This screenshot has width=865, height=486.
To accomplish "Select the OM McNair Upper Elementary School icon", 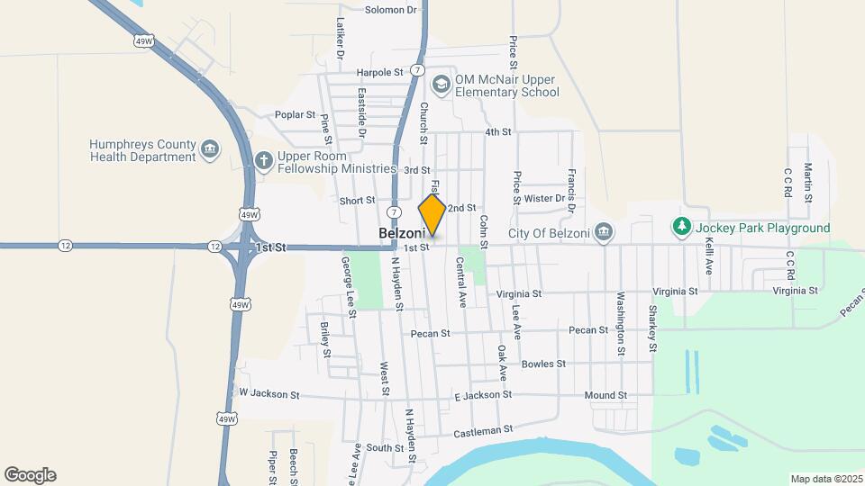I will pyautogui.click(x=441, y=85).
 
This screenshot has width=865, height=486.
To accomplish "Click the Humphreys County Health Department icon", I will pyautogui.click(x=210, y=149).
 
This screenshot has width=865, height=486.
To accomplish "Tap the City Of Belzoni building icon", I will pyautogui.click(x=605, y=233).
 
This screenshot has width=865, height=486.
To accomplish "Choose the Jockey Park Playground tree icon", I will pyautogui.click(x=683, y=228).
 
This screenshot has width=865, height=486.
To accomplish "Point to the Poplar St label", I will pyautogui.click(x=296, y=115).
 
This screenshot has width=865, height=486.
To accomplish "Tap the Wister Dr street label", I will pyautogui.click(x=543, y=198).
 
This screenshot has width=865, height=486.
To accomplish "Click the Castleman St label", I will pyautogui.click(x=482, y=430).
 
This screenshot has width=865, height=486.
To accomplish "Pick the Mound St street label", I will pyautogui.click(x=605, y=395).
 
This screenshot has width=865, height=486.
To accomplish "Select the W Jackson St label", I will pyautogui.click(x=269, y=393).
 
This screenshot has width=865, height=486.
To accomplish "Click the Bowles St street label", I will pyautogui.click(x=543, y=364).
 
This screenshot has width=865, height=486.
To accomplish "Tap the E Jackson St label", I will pyautogui.click(x=483, y=394).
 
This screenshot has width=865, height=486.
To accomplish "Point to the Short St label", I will pyautogui.click(x=357, y=201).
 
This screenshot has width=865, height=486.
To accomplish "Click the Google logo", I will pyautogui.click(x=30, y=475).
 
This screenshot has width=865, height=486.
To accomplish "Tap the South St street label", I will pyautogui.click(x=385, y=447).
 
